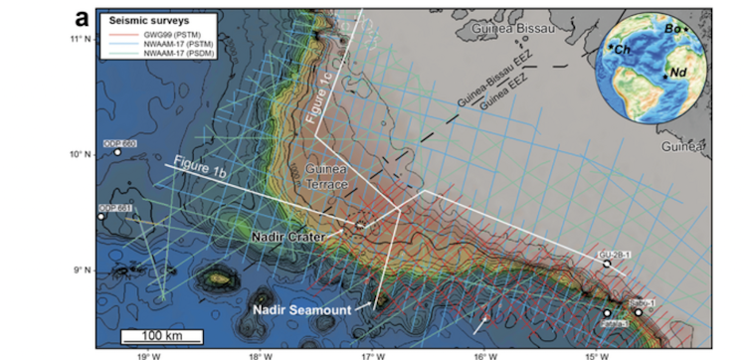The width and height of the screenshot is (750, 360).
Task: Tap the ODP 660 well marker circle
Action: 117,152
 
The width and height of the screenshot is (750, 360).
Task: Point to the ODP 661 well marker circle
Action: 101,216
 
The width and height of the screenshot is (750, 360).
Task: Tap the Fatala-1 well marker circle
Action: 607,314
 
